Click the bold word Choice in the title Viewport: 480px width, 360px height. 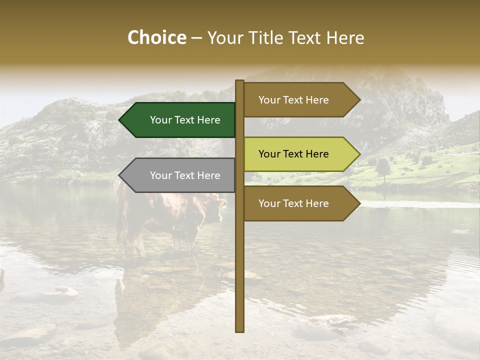pyautogui.click(x=156, y=37)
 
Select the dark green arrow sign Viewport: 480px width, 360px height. pyautogui.click(x=180, y=120)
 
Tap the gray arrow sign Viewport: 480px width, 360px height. pyautogui.click(x=180, y=175)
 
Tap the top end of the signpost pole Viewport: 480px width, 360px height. pyautogui.click(x=239, y=81)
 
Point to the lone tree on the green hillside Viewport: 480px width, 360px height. pyautogui.click(x=383, y=167)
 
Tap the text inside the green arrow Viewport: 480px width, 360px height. pyautogui.click(x=185, y=120)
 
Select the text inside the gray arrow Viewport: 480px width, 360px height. pyautogui.click(x=185, y=175)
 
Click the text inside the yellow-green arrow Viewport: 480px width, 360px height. pyautogui.click(x=293, y=154)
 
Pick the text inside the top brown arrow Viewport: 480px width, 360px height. pyautogui.click(x=293, y=100)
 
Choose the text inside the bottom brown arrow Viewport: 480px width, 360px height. pyautogui.click(x=293, y=203)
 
